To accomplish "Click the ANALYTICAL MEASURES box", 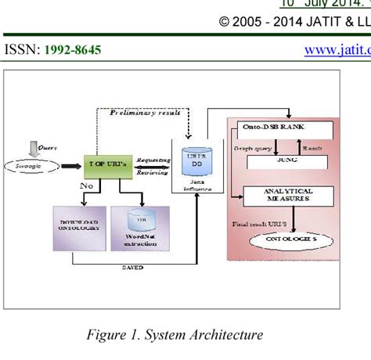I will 289,195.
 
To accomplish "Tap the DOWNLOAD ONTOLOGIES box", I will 78,227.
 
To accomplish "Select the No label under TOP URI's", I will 87,186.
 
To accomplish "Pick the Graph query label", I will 253,148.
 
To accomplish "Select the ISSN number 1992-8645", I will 72,50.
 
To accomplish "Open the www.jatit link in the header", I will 336,50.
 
